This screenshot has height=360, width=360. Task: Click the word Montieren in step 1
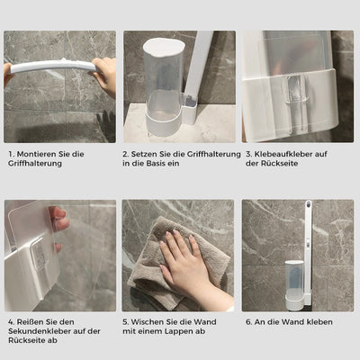pyautogui.click(x=34, y=154)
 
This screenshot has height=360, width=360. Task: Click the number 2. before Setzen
pyautogui.click(x=125, y=154)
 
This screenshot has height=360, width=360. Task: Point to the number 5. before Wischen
pyautogui.click(x=125, y=321)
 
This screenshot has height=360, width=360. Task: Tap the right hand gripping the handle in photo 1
pyautogui.click(x=105, y=76)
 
